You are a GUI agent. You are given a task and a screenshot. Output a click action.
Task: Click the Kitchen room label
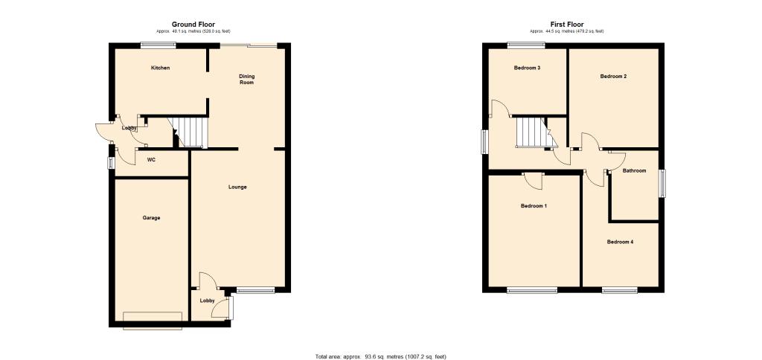pos(161,68)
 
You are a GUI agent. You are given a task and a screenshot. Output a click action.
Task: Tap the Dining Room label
pos(247,79)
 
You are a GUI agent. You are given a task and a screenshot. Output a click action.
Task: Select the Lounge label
pos(237,187)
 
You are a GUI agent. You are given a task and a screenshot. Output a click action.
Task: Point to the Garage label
pos(151,218)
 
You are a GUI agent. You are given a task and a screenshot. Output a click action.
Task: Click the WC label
pos(151,160)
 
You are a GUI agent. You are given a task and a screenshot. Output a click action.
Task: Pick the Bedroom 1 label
pos(534,206)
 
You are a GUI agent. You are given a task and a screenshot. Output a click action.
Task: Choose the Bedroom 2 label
pos(613,77)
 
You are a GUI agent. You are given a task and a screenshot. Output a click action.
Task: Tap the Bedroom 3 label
pos(528,68)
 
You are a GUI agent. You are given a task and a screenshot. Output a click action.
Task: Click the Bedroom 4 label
pos(620,242)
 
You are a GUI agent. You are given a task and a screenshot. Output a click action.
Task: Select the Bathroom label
pos(635,171)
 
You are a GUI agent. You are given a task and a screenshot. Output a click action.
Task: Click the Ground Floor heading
pos(193,24)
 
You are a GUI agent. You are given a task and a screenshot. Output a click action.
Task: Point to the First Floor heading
pos(567,24)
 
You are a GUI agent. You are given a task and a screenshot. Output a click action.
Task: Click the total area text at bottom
pos(380,356)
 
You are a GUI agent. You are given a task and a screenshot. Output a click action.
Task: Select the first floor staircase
pos(534,132)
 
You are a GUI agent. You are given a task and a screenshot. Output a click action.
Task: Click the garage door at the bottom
pos(153,321)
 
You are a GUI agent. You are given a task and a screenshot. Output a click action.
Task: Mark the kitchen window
pos(159,45)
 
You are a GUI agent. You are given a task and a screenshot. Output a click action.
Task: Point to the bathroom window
pos(662,183)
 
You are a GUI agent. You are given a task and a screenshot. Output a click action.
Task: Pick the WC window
pos(111,163)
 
